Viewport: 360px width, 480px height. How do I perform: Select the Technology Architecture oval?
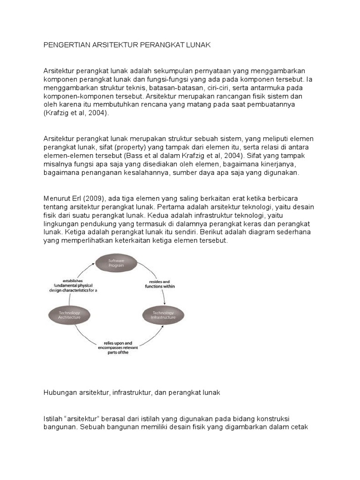coord(70,315)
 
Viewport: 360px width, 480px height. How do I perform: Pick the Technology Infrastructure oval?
coord(163,315)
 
